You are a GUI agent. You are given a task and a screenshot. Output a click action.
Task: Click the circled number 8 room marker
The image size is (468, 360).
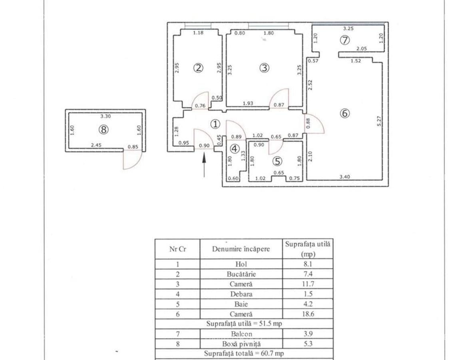tap(104, 130)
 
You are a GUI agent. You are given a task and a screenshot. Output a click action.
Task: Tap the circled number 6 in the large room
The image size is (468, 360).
tap(345, 113)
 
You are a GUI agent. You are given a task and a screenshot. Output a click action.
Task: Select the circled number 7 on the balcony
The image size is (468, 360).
tap(345, 40)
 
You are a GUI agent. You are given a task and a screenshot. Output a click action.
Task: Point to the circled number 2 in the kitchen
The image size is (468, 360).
tap(198, 68)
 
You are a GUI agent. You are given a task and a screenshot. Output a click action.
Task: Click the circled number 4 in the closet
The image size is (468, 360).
tap(235, 149)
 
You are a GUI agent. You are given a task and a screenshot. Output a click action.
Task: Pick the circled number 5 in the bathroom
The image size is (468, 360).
tap(277, 161)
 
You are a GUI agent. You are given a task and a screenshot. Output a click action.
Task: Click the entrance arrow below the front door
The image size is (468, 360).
tap(204, 164)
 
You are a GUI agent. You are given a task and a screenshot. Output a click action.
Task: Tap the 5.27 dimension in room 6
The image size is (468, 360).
tap(379, 121)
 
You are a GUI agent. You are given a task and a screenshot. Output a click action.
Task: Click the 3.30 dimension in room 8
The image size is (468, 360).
tap(106, 116)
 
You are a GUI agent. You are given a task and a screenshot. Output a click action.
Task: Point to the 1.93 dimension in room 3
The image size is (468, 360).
tap(249, 104)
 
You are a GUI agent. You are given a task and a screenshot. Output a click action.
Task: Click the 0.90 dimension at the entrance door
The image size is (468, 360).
tap(204, 146)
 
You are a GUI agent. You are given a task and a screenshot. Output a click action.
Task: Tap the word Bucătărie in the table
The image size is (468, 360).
tap(241, 274)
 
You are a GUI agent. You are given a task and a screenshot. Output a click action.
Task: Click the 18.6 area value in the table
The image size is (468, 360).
tap(308, 314)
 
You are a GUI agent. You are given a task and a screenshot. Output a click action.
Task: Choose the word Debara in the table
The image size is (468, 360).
tap(241, 294)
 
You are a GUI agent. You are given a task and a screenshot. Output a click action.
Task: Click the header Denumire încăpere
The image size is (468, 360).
tap(241, 249)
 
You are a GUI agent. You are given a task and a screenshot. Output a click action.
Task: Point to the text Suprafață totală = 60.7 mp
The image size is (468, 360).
tap(244, 354)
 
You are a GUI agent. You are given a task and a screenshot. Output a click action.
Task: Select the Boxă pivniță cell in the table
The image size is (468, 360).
tap(241, 344)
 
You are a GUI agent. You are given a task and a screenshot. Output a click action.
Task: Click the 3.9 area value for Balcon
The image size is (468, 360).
tap(308, 334)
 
